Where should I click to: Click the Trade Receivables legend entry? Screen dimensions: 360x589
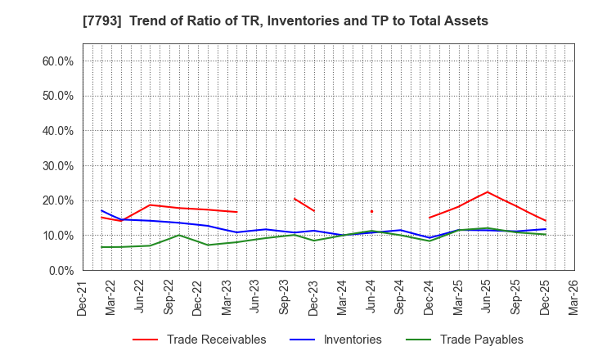pos(216,340)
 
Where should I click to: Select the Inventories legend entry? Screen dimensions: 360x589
pos(352,340)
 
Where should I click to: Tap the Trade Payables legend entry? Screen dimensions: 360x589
pos(481,340)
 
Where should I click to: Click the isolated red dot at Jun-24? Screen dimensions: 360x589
pos(371,211)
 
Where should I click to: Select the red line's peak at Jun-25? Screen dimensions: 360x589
pos(487,192)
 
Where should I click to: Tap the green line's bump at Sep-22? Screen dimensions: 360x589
pos(178,236)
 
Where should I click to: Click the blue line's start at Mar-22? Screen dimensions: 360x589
pos(101,211)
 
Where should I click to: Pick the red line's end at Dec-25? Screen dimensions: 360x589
pos(545,221)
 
